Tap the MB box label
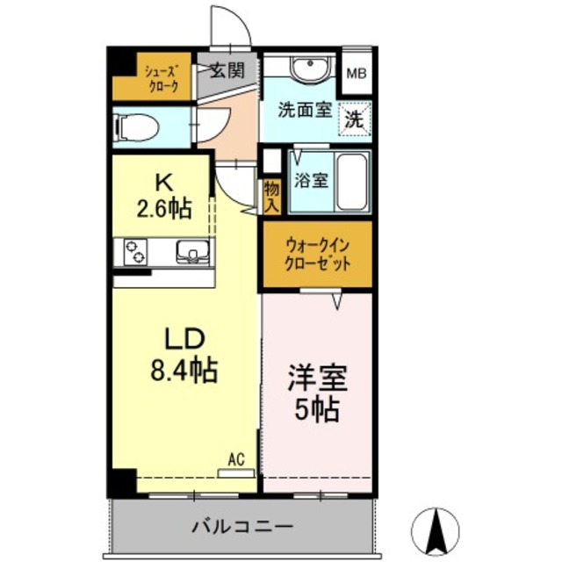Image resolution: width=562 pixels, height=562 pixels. (x=356, y=73)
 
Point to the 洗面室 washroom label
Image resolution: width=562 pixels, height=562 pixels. (x=304, y=111)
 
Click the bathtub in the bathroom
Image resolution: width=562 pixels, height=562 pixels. (x=353, y=179)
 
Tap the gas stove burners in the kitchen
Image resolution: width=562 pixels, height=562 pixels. (x=136, y=252)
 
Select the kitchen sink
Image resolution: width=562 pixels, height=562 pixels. (x=190, y=252)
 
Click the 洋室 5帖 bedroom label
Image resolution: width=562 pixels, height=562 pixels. (x=317, y=394)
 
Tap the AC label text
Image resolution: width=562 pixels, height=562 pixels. (x=235, y=458)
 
